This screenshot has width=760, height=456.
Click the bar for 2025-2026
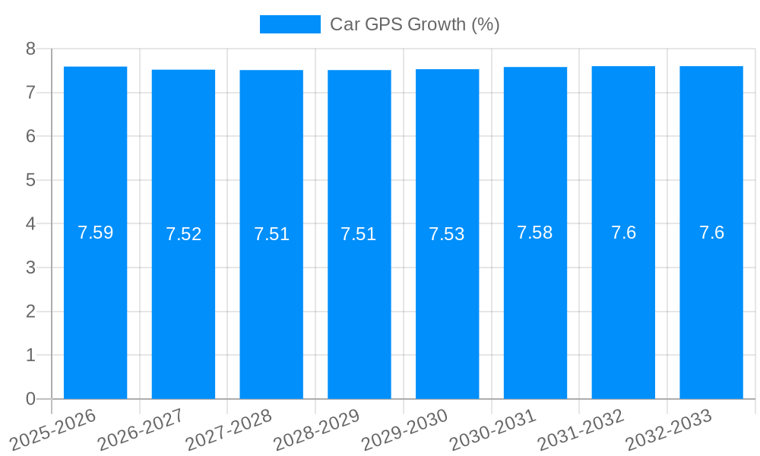pyautogui.click(x=95, y=304)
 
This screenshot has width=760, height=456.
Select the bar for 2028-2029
pyautogui.click(x=359, y=304)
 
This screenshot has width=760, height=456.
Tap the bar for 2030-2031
pyautogui.click(x=535, y=304)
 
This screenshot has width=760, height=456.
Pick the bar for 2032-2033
pyautogui.click(x=711, y=304)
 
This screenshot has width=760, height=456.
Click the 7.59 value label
pyautogui.click(x=95, y=233)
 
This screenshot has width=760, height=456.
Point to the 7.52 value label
pyautogui.click(x=183, y=234)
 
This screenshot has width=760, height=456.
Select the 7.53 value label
pyautogui.click(x=447, y=234)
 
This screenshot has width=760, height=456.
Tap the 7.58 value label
pyautogui.click(x=535, y=233)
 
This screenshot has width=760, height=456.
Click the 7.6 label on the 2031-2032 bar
pyautogui.click(x=623, y=233)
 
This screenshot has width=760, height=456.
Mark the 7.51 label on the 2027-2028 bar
pyautogui.click(x=271, y=234)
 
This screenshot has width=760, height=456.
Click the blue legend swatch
pyautogui.click(x=290, y=24)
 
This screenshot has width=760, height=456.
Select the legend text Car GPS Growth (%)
pyautogui.click(x=414, y=24)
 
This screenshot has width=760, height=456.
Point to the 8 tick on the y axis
pyautogui.click(x=30, y=49)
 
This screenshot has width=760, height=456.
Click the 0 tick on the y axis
pyautogui.click(x=30, y=399)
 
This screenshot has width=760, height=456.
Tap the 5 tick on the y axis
pyautogui.click(x=30, y=180)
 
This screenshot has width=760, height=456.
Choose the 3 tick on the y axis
pyautogui.click(x=30, y=268)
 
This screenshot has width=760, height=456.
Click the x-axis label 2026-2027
pyautogui.click(x=141, y=429)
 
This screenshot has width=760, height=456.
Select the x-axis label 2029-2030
pyautogui.click(x=404, y=429)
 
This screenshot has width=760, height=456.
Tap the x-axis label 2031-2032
pyautogui.click(x=581, y=429)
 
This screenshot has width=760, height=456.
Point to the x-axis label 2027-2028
pyautogui.click(x=229, y=429)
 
